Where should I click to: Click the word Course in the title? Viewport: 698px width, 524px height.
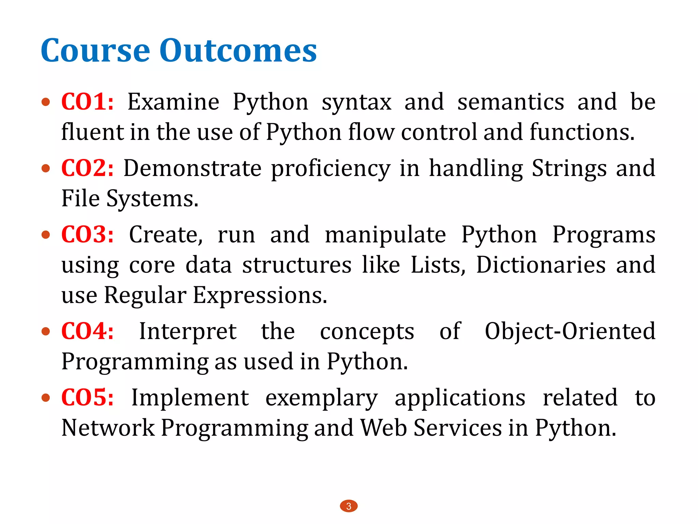click(x=95, y=51)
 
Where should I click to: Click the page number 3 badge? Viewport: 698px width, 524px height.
click(x=349, y=506)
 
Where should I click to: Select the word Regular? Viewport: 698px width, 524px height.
click(x=145, y=295)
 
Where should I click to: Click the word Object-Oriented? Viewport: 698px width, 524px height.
click(x=570, y=331)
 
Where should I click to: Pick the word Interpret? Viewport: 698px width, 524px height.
click(x=188, y=331)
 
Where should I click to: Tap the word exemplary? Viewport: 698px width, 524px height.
click(x=321, y=398)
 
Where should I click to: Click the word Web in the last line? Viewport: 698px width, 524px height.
click(x=383, y=428)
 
